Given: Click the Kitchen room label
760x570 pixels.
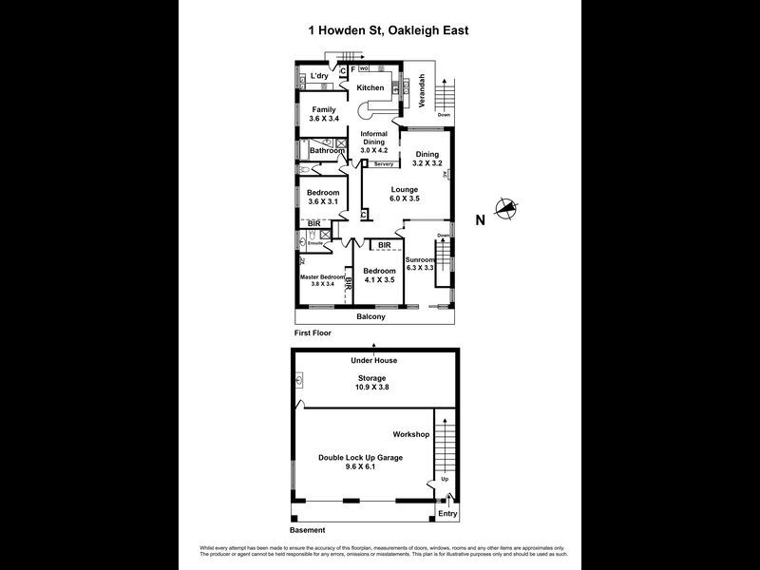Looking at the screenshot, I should [x=370, y=87].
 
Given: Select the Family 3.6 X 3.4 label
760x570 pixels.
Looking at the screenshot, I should [x=323, y=114].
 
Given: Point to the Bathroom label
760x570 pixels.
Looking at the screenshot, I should [x=326, y=150].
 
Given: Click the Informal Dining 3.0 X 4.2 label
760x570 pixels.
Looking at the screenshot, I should [x=374, y=142].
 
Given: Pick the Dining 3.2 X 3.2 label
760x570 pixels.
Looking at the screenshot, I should [x=427, y=159].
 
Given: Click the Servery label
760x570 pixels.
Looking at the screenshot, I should [x=383, y=164].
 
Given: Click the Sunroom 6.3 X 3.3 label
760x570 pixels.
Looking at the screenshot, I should [x=420, y=264].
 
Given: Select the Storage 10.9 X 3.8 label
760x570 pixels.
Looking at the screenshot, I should [x=372, y=382].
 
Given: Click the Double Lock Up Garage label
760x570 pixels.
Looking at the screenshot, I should [x=360, y=462].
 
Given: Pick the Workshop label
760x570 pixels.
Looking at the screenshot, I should [x=411, y=434].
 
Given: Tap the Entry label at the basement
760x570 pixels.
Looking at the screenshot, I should [x=446, y=514].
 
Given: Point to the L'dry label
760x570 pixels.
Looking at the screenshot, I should [x=320, y=75].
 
